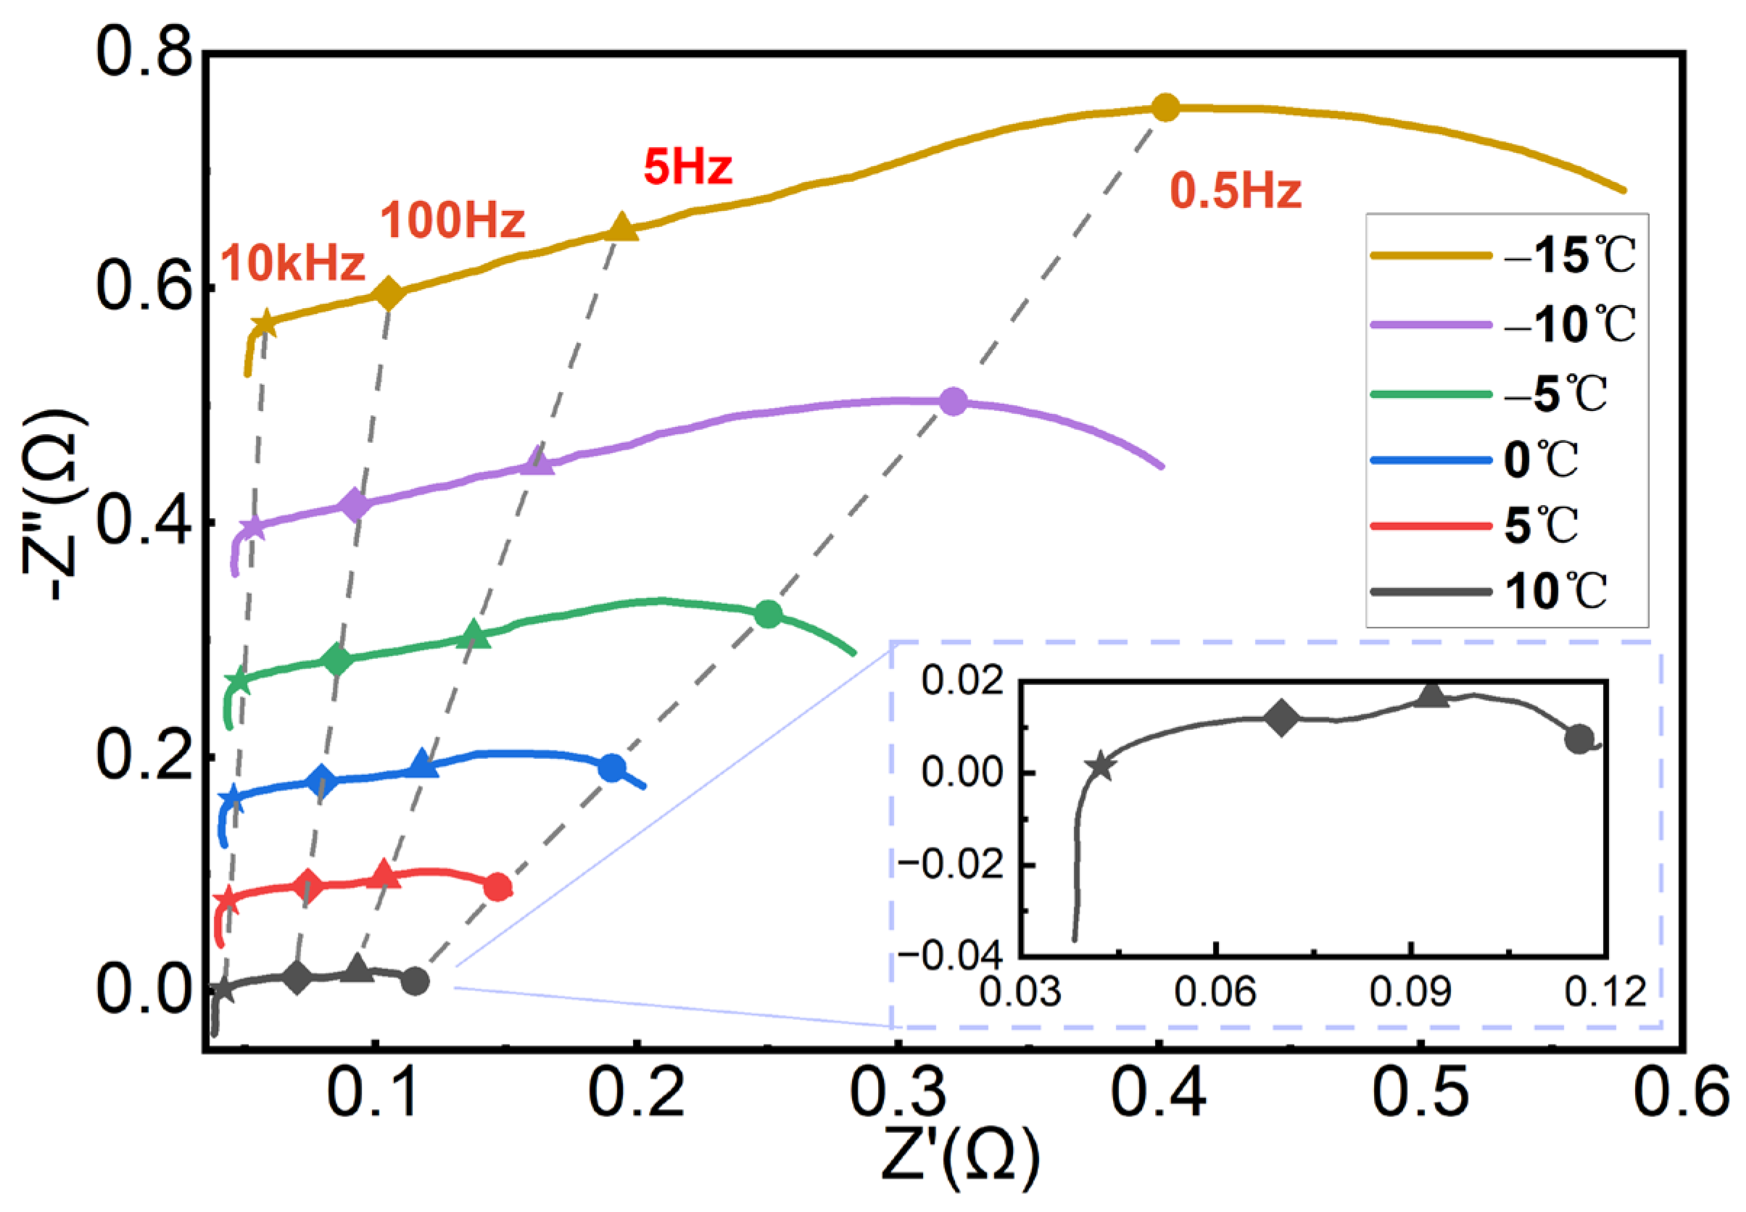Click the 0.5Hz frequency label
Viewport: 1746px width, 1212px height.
point(1235,191)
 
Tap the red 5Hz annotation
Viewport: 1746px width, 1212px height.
point(687,167)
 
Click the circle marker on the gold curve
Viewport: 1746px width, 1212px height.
point(1165,108)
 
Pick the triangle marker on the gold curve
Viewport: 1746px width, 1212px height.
point(621,227)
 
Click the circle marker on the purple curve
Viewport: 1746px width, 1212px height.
point(953,402)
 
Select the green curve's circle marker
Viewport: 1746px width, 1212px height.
point(768,613)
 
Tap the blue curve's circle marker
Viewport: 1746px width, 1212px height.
point(611,768)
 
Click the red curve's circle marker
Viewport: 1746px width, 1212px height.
point(497,887)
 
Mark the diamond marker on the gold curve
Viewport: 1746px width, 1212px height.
point(389,293)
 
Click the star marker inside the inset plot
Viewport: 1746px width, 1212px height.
point(1101,767)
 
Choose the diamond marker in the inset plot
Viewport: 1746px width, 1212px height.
point(1281,718)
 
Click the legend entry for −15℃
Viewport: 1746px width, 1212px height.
point(1568,256)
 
